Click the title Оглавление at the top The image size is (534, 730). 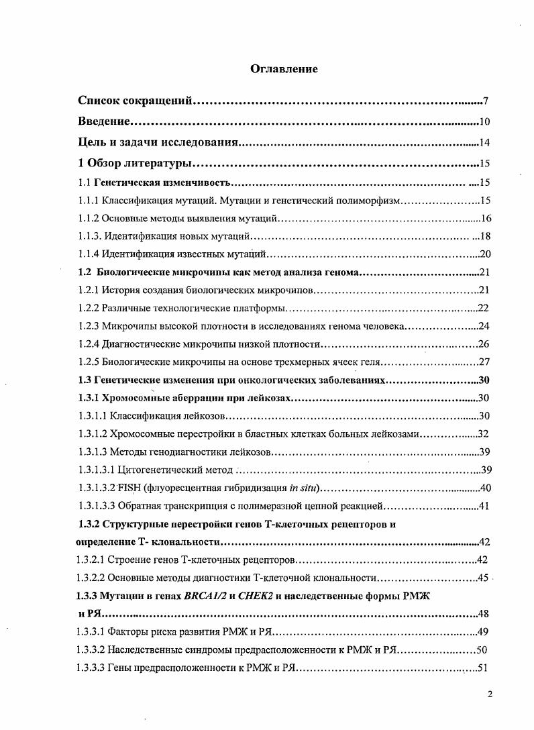pyautogui.click(x=284, y=69)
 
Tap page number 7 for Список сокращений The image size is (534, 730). pyautogui.click(x=484, y=101)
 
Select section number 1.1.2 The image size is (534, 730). pyautogui.click(x=89, y=218)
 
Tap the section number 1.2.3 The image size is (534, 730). pyautogui.click(x=89, y=326)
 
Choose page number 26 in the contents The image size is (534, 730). pyautogui.click(x=483, y=344)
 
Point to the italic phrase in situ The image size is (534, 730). pyautogui.click(x=301, y=487)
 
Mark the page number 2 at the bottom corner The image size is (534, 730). pyautogui.click(x=490, y=694)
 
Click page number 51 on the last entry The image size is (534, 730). pyautogui.click(x=483, y=668)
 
